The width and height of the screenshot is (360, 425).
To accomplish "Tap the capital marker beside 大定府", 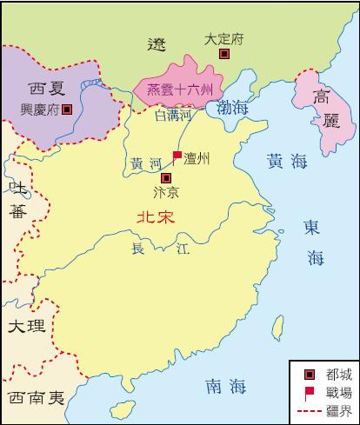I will click(224, 55).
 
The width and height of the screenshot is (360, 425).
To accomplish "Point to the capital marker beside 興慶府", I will click(67, 110).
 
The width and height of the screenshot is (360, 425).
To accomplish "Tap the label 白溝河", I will click(172, 114).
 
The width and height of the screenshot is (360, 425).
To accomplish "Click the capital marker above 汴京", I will click(166, 177).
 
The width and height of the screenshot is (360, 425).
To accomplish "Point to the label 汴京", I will click(165, 193).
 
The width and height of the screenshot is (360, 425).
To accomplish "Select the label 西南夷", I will click(36, 398).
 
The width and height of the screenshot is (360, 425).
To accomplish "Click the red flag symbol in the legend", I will click(309, 392).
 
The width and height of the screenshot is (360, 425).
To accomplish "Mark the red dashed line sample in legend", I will click(310, 409).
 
